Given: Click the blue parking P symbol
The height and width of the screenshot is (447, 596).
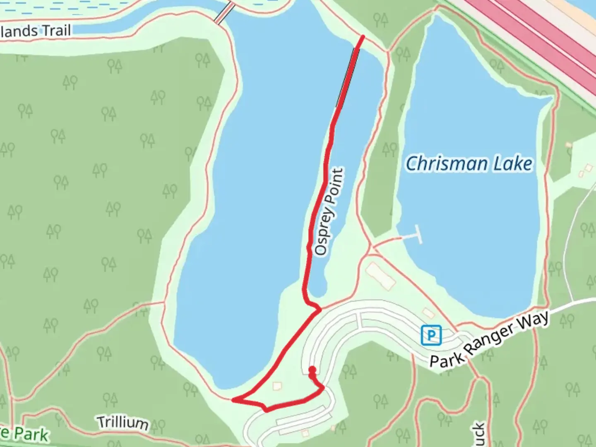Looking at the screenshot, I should click(x=431, y=335).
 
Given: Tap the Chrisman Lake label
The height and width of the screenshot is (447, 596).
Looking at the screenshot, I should click(x=469, y=163).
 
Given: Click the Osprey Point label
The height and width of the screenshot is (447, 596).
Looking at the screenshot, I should click(x=329, y=211).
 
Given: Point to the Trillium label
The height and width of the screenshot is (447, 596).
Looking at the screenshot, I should click(x=123, y=422).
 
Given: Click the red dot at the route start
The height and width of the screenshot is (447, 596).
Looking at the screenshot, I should click(x=312, y=370).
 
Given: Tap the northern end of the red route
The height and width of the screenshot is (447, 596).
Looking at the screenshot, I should click(x=363, y=37).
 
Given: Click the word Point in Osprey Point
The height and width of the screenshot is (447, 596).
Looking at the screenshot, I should click(x=335, y=185).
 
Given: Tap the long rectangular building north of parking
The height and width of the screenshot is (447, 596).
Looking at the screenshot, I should click(x=380, y=275).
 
